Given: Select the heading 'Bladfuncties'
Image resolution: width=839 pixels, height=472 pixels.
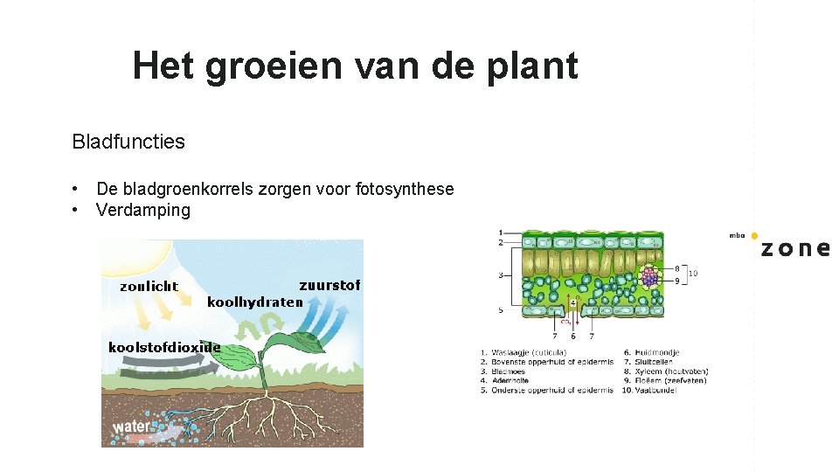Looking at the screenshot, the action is point(128,142).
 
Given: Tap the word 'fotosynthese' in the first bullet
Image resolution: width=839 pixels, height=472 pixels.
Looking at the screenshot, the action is point(405,189).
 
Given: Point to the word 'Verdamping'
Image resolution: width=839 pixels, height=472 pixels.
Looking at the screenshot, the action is point(143,210).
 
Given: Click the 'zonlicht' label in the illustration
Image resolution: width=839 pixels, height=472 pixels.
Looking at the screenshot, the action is point(149,286).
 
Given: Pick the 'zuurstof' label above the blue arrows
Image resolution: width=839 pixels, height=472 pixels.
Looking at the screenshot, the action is point(329,285).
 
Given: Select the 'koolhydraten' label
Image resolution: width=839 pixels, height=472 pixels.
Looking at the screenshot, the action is point(254,302).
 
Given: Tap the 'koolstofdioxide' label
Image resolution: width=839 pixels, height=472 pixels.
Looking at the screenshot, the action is point(164,347).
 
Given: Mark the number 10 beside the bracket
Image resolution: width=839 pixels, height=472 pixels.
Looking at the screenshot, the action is point(693,274).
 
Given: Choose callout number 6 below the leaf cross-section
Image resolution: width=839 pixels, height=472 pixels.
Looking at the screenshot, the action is point(572,337).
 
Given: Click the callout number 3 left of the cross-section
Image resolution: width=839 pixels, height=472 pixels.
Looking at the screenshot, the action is point(501,275).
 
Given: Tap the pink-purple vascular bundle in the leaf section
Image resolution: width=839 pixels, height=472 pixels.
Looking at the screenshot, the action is point(649,277).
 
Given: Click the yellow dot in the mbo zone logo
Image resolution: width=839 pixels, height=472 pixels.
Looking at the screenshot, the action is point(754,236).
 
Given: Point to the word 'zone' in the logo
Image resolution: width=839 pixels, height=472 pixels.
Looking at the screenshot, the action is point(794,248).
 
